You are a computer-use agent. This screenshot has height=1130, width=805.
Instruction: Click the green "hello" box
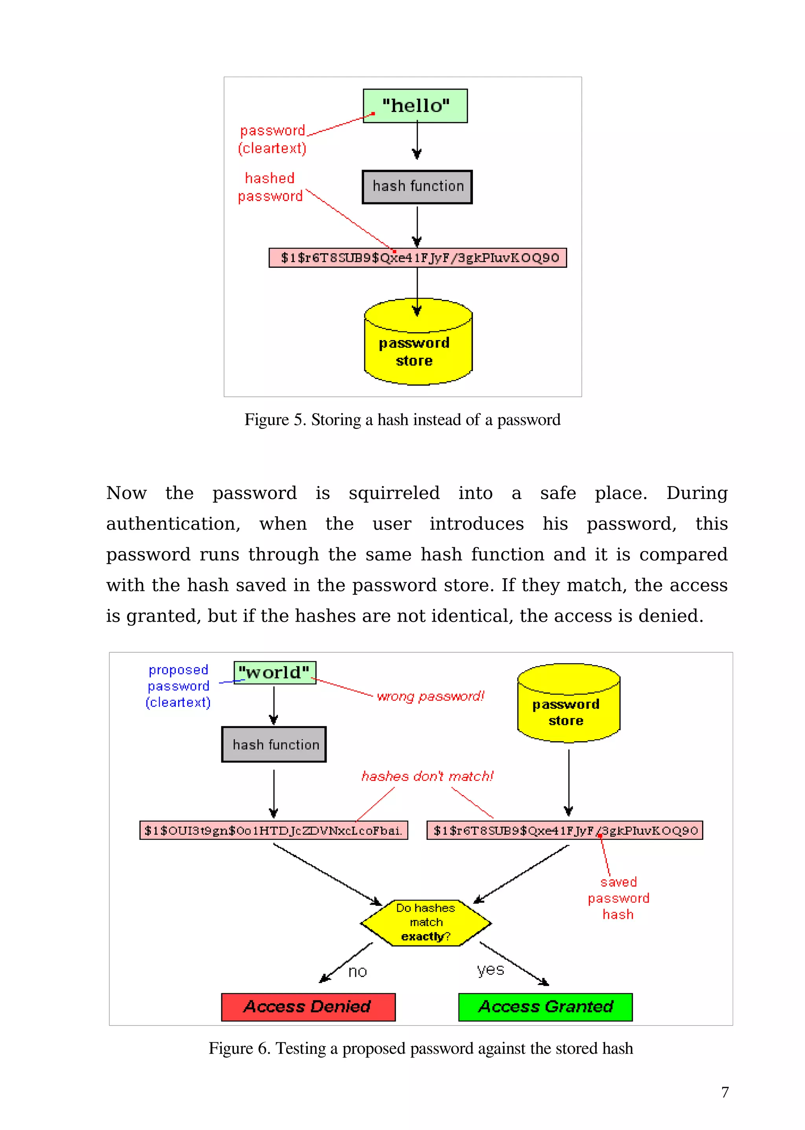tap(415, 106)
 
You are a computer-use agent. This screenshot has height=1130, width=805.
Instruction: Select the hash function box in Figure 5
tap(417, 186)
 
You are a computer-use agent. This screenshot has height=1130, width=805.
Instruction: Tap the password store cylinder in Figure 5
tap(417, 347)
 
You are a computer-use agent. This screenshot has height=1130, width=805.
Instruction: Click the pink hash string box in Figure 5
tap(417, 258)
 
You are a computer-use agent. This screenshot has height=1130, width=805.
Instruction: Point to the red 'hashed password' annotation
tap(270, 187)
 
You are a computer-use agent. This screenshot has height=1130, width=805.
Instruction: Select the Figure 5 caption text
tap(402, 420)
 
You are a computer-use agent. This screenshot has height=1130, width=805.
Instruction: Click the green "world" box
tap(275, 673)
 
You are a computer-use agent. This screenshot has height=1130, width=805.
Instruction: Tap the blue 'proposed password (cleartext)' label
tap(178, 686)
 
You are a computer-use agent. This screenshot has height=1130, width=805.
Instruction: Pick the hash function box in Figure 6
tap(274, 744)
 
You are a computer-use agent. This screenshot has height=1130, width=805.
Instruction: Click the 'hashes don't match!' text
tap(427, 776)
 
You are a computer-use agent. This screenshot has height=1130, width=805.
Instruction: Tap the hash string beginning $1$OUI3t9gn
tap(274, 830)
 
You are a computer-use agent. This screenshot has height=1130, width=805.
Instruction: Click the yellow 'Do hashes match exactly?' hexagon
tap(426, 922)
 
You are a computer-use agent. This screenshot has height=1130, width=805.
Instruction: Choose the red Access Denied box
tap(308, 1007)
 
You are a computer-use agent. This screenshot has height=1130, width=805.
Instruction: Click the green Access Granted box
tap(545, 1007)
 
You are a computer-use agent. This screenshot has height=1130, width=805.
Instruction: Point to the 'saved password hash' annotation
tap(618, 898)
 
